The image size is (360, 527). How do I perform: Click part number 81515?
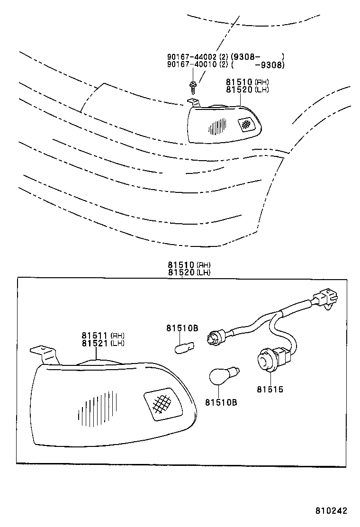tap(270, 390)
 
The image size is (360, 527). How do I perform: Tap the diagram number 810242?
tap(332, 511)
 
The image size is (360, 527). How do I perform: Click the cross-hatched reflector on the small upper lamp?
tap(246, 124)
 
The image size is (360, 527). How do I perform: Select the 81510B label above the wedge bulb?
tap(181, 328)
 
